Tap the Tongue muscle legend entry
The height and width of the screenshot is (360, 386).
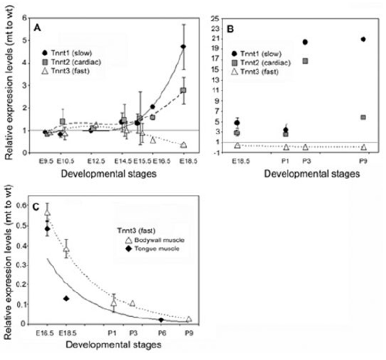(139, 252)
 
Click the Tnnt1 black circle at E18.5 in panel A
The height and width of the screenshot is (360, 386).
(183, 47)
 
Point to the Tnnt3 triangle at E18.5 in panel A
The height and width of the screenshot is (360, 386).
(183, 145)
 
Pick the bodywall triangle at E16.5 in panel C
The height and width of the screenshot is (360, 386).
(47, 213)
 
